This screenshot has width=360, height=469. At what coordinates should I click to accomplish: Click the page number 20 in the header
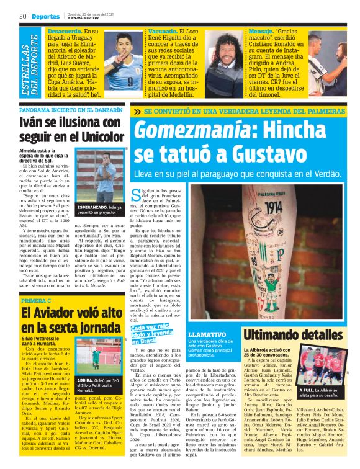pyautogui.click(x=22, y=16)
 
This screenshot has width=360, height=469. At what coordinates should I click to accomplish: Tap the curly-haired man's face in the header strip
pyautogui.click(x=223, y=48)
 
